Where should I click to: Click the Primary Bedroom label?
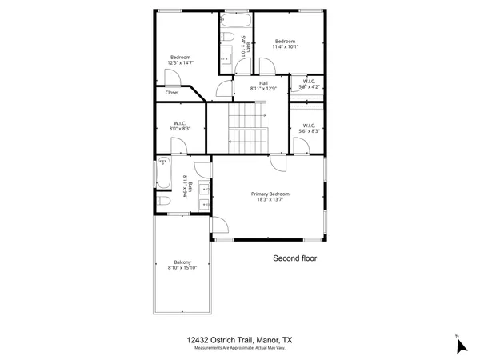click(x=270, y=194)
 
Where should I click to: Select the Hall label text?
click(x=263, y=82)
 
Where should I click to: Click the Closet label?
click(x=172, y=93)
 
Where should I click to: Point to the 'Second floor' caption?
click(x=296, y=258)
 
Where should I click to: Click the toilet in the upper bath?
click(x=227, y=38)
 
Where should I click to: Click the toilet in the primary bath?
click(x=162, y=202)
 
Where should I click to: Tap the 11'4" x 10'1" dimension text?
click(x=286, y=47)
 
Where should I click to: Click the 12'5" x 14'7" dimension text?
click(x=181, y=62)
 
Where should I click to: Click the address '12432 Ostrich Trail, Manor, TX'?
click(x=239, y=339)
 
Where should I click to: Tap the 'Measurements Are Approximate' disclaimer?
click(x=239, y=348)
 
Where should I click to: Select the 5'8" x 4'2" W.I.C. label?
click(x=309, y=86)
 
